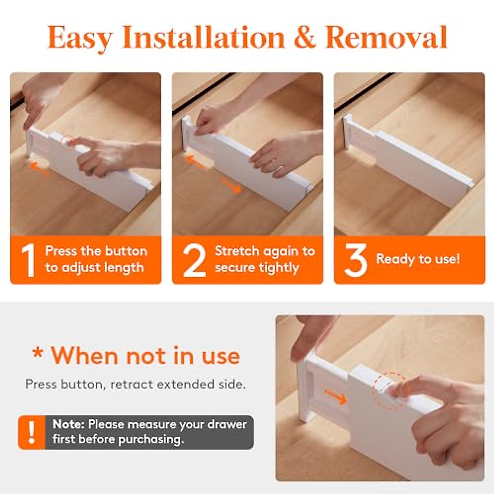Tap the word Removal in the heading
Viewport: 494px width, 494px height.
click(x=386, y=38)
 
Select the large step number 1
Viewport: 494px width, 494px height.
click(x=28, y=260)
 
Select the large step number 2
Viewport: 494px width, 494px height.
click(x=193, y=260)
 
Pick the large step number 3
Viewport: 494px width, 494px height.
click(x=355, y=260)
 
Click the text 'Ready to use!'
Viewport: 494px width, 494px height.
click(x=417, y=259)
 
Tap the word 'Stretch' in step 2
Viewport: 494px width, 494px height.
click(x=237, y=251)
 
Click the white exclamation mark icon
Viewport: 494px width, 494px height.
click(x=32, y=432)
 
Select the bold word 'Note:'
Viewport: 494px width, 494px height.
click(x=69, y=424)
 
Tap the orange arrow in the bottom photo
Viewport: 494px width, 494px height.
click(x=335, y=396)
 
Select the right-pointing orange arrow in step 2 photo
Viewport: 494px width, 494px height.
click(x=231, y=186)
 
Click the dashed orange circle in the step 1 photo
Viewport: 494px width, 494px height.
click(x=68, y=142)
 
